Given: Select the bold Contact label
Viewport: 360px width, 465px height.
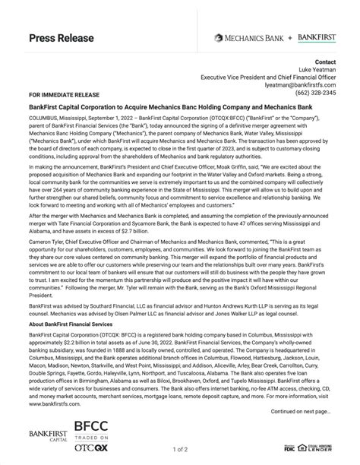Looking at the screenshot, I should coord(325,62).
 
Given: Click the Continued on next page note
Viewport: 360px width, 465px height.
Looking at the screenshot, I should coord(300,411).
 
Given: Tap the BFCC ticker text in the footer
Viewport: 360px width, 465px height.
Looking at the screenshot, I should coord(91,429).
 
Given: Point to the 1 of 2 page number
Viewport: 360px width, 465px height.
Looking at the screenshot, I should coord(179,450).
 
